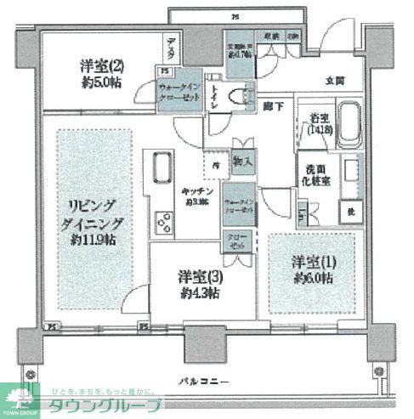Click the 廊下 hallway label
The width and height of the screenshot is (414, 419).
pyautogui.click(x=272, y=105)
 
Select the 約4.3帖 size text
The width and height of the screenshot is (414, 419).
pyautogui.click(x=198, y=292)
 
